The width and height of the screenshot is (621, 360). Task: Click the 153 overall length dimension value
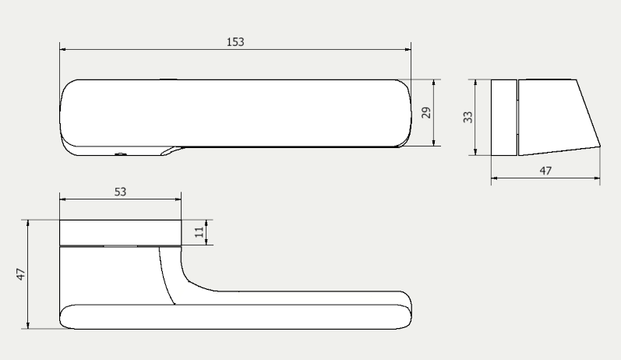pyautogui.click(x=235, y=41)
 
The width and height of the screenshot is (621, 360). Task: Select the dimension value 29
pyautogui.click(x=425, y=113)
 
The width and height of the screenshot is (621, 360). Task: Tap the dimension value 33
pyautogui.click(x=468, y=117)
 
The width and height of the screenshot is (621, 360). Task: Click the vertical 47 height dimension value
pyautogui.click(x=22, y=274)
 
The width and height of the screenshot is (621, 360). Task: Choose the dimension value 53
pyautogui.click(x=120, y=191)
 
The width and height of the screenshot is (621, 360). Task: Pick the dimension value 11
pyautogui.click(x=199, y=232)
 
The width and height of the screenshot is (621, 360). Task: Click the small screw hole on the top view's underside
pyautogui.click(x=121, y=154)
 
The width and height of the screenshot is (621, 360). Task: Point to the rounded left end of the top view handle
pyautogui.click(x=65, y=113)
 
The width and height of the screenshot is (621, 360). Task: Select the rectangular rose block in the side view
pyautogui.click(x=503, y=117)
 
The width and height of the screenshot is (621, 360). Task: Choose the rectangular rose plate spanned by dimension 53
pyautogui.click(x=120, y=232)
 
